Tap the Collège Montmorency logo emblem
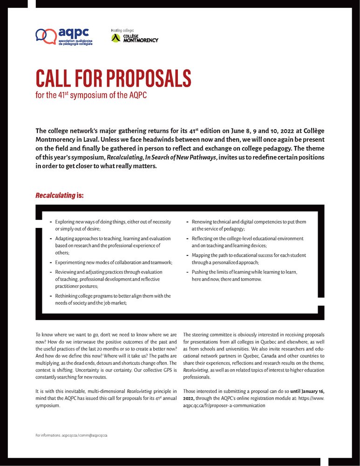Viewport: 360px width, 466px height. click(116, 38)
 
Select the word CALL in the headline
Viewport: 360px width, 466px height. click(52, 78)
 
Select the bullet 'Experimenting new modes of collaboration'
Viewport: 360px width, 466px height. click(113, 263)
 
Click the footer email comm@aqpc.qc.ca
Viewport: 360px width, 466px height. click(93, 435)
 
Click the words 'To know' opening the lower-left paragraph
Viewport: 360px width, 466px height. click(44, 335)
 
